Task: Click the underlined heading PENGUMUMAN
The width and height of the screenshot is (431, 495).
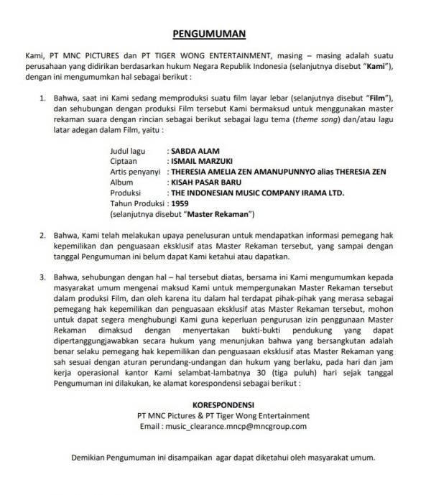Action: click(210, 33)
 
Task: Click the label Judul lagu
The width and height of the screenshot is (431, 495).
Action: click(127, 152)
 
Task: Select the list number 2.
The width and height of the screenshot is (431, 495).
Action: click(42, 235)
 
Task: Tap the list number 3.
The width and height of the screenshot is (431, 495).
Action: click(42, 277)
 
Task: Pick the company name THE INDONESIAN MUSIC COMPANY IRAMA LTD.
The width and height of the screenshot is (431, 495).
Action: click(257, 193)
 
